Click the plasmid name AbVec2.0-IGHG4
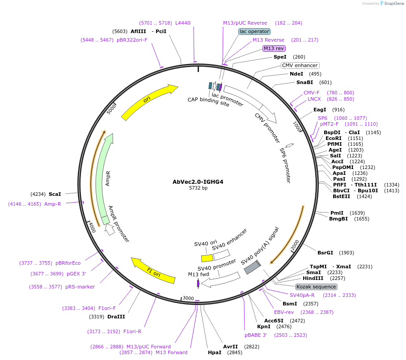pos(198,182)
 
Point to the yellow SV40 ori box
pos(207,258)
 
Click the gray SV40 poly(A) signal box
pos(252,267)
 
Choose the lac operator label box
pos(254,31)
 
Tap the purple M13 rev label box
pos(274,48)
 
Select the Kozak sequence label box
pos(316,287)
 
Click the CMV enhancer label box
pos(300,65)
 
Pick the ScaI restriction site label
pos(55,194)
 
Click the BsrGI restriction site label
pos(326,253)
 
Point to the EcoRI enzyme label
pos(334,138)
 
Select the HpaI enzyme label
pos(215,352)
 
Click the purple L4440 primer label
pos(182,23)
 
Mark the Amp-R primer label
pos(52,204)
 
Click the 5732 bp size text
pos(198,188)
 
